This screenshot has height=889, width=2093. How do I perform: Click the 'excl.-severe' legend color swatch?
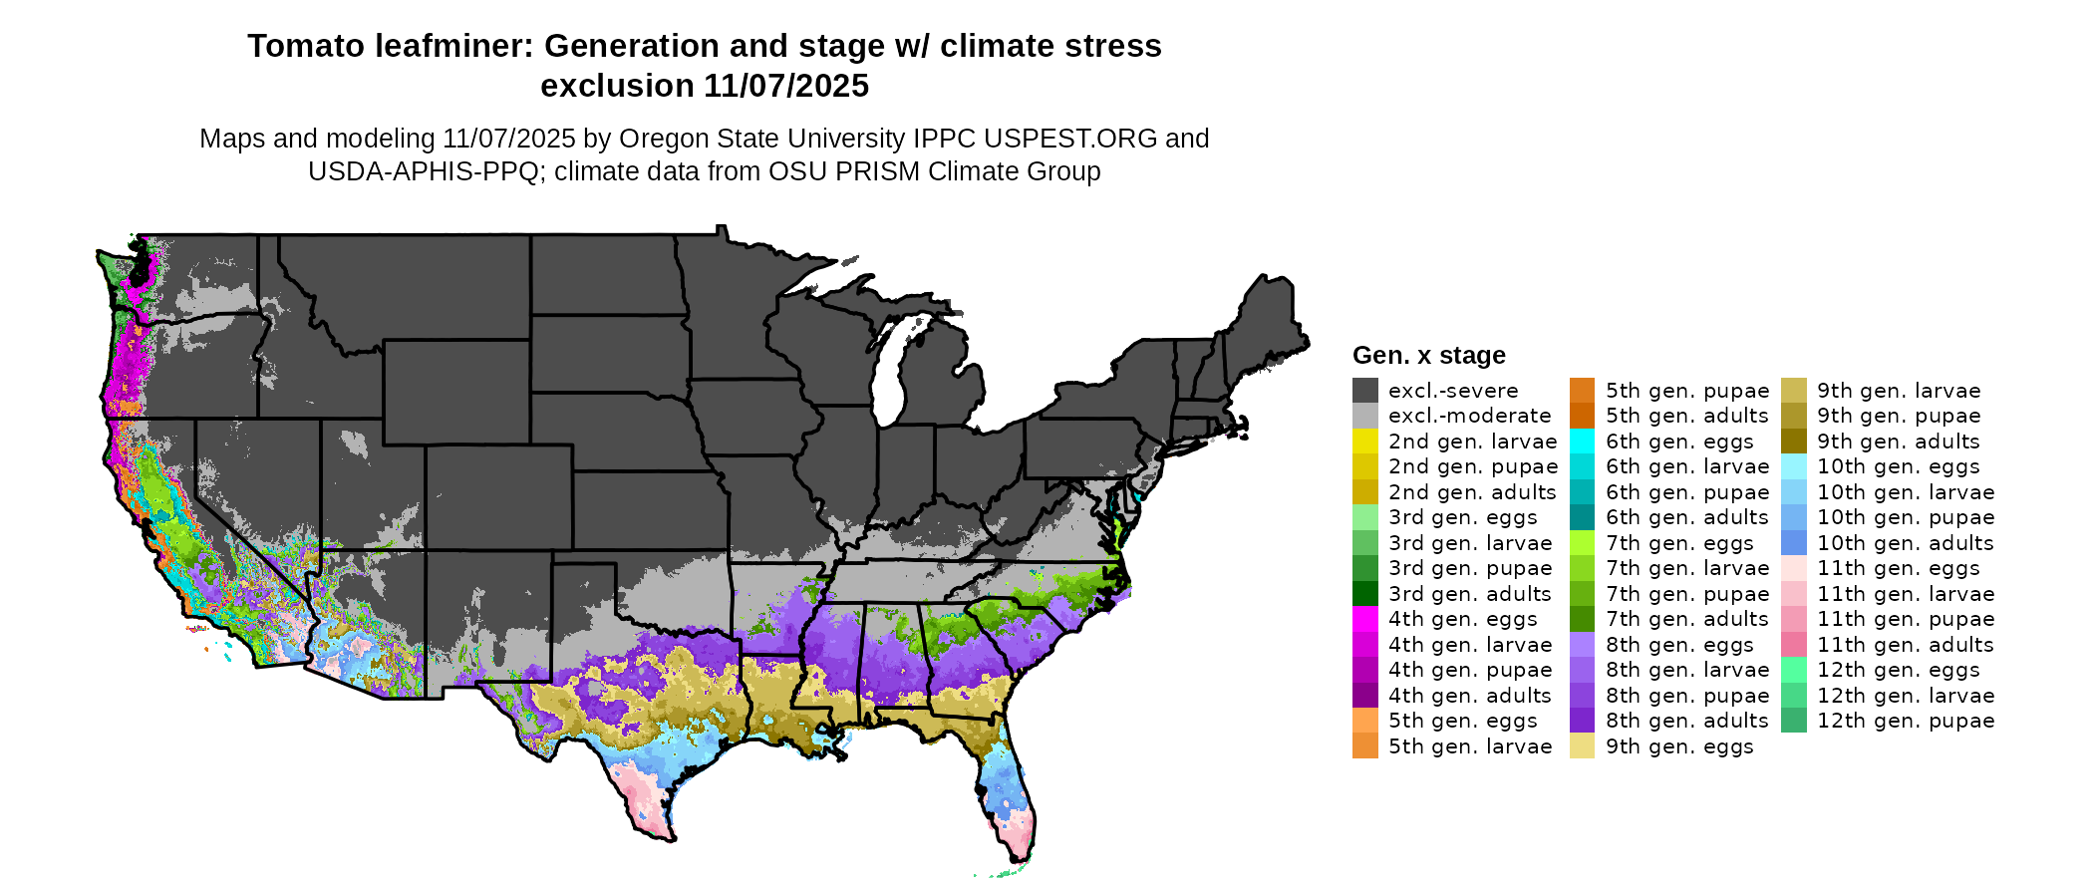(x=1364, y=391)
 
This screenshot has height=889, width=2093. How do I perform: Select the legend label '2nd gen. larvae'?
(x=1472, y=442)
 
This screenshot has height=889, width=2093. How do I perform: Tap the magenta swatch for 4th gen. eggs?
(x=1364, y=619)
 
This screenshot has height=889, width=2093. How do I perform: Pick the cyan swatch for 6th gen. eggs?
(x=1582, y=442)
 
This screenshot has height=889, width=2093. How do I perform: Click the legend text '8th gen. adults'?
(x=1686, y=721)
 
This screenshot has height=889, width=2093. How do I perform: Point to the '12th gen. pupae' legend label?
(x=1906, y=721)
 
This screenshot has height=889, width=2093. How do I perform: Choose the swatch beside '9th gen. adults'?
(x=1793, y=442)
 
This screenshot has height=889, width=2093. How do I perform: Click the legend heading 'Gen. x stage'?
(x=1428, y=356)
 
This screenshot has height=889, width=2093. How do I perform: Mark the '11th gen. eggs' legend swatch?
(x=1793, y=568)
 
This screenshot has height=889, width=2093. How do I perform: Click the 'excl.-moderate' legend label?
(x=1469, y=416)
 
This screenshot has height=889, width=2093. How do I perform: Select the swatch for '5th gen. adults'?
(x=1582, y=416)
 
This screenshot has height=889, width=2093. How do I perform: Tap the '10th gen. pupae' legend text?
(x=1906, y=517)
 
